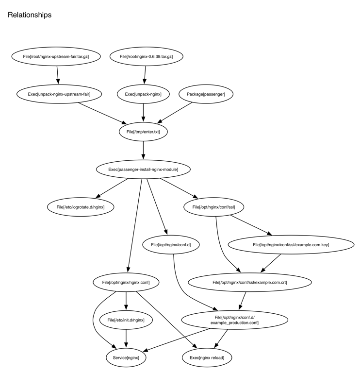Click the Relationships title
tap(30, 15)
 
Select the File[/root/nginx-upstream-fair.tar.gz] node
tap(56, 57)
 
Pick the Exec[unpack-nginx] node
tap(143, 94)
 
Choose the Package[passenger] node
tap(206, 94)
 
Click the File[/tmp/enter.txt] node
tap(143, 132)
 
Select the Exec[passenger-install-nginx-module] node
tap(143, 170)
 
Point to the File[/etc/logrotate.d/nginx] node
tap(81, 207)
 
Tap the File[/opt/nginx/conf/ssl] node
tap(214, 207)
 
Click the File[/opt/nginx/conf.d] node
tap(171, 245)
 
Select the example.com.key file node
tap(291, 245)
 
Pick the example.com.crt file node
tap(249, 282)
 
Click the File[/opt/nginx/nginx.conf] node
tap(126, 282)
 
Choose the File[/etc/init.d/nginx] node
tap(126, 320)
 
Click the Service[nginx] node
tap(126, 357)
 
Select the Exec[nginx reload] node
tap(207, 357)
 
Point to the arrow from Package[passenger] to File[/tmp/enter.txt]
tap(174, 113)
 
